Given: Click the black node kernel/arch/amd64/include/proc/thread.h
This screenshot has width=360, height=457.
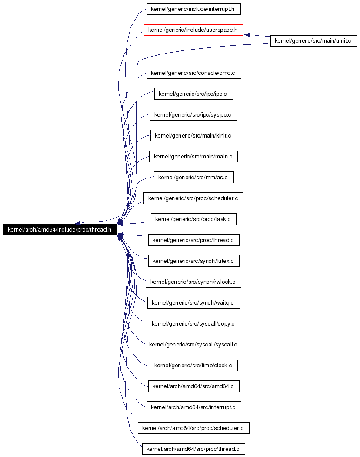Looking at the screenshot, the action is [60, 230].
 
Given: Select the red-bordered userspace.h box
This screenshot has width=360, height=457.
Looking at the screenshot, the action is [193, 30].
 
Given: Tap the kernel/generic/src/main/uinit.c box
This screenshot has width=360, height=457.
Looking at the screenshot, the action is [313, 41].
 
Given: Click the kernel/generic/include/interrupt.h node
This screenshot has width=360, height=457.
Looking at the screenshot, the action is [193, 9].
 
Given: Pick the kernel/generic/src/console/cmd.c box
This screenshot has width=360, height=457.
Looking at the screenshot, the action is [193, 73].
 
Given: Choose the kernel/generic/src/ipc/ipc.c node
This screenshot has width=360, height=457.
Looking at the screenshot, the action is [193, 94].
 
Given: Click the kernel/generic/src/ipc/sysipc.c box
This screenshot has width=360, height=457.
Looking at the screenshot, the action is [193, 114].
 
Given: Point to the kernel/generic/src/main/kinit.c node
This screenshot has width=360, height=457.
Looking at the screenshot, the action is [193, 135].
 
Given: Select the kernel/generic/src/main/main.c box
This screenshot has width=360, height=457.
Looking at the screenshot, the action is [193, 157].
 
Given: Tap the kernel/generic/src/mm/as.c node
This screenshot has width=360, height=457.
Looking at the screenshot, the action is [193, 178].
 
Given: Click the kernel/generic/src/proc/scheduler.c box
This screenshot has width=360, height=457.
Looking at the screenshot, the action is [193, 198].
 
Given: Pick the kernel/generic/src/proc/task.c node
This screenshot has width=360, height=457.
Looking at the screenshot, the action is [193, 219].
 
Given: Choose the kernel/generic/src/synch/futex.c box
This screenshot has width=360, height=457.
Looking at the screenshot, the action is [193, 261].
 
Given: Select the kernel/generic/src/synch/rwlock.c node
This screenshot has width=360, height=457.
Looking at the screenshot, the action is [193, 282].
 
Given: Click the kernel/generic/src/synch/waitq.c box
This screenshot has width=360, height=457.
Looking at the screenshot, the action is [193, 303].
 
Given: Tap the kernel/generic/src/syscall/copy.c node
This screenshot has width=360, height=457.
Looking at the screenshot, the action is [193, 323].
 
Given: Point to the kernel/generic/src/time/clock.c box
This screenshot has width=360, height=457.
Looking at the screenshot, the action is [193, 366].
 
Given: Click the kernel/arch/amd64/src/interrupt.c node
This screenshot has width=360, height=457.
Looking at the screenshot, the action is [193, 407].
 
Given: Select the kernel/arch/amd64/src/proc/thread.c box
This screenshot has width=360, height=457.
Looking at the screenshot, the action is [193, 449].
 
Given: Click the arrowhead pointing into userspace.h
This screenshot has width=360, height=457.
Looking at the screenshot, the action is [247, 35].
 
